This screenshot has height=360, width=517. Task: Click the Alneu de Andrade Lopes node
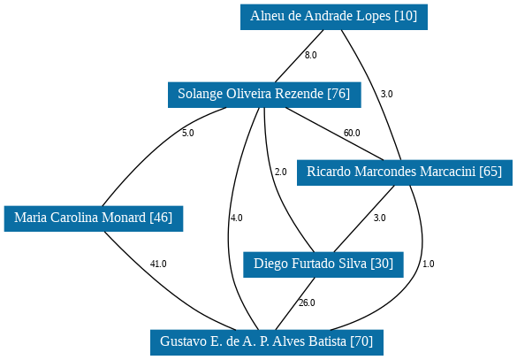click(334, 17)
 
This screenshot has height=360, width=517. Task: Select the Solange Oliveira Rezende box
click(264, 95)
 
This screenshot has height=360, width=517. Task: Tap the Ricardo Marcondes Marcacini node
click(405, 172)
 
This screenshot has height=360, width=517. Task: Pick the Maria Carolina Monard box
click(94, 218)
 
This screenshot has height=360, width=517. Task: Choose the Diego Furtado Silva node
click(323, 264)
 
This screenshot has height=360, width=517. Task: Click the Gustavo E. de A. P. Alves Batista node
click(267, 342)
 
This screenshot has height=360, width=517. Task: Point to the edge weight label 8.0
click(310, 55)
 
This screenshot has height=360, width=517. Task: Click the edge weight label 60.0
click(352, 133)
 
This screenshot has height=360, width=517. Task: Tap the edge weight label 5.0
click(188, 133)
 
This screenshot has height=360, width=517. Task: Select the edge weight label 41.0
click(158, 264)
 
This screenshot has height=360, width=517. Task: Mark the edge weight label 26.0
click(307, 303)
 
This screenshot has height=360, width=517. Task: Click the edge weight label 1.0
click(429, 264)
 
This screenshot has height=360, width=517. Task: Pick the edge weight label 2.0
click(280, 172)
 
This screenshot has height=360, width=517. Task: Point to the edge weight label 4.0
click(237, 218)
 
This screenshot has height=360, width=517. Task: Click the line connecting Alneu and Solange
click(299, 56)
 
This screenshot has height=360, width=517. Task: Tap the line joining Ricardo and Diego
click(364, 218)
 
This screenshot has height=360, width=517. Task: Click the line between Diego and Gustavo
click(295, 303)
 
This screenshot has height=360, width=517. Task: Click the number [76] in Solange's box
click(338, 94)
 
